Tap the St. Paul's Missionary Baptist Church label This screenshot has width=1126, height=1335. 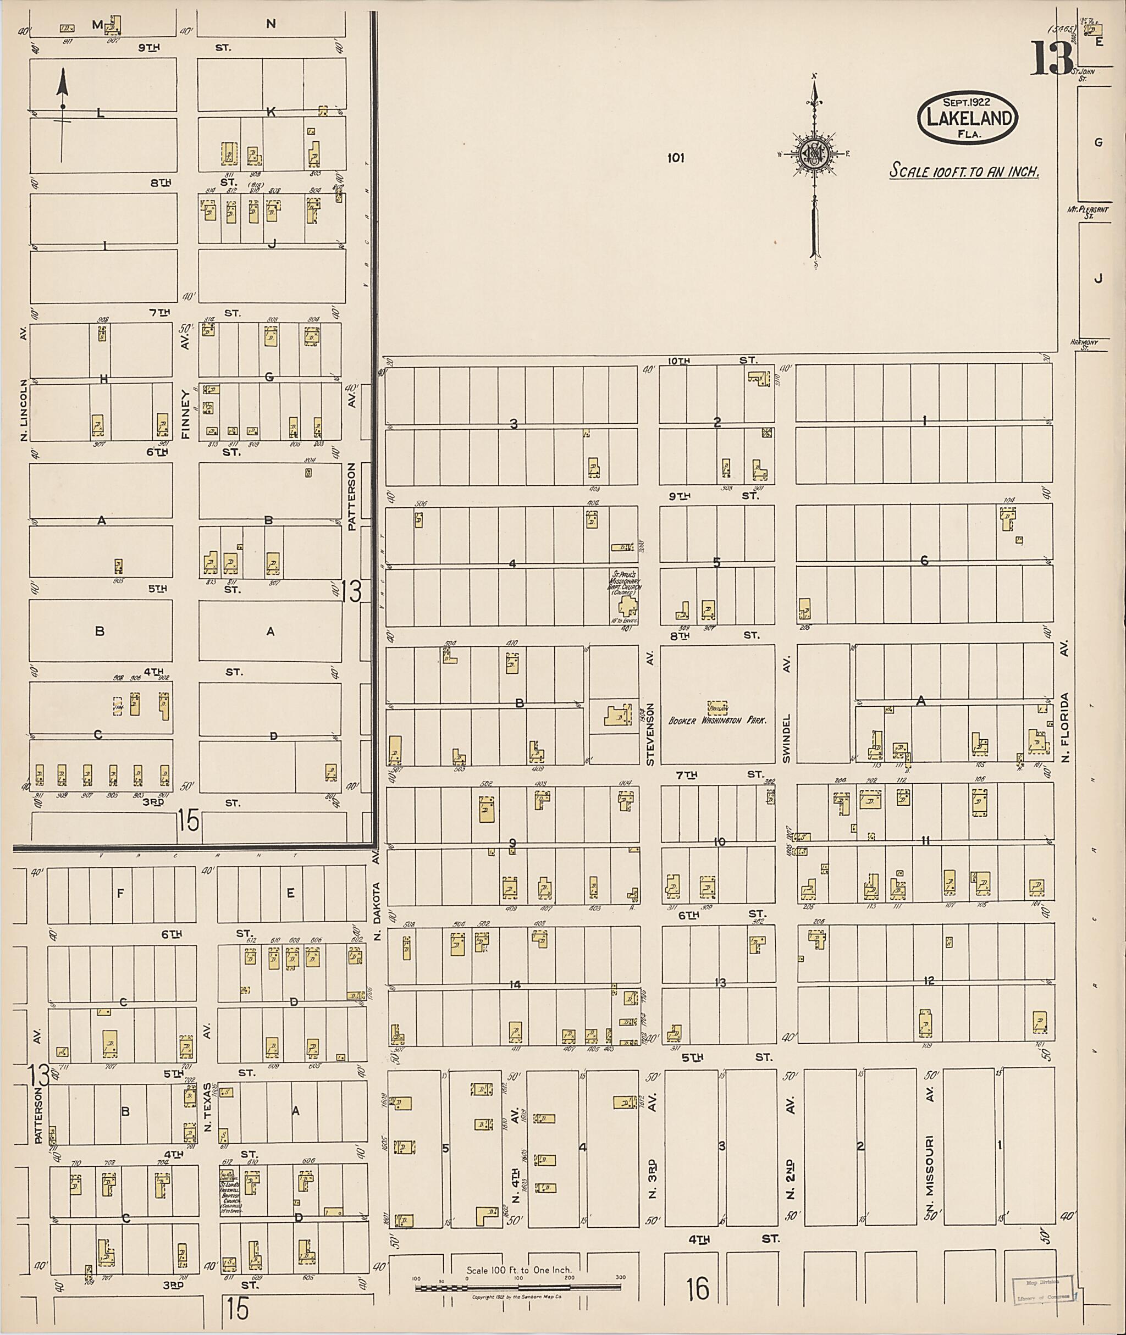tap(623, 583)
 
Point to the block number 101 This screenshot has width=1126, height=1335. tap(675, 157)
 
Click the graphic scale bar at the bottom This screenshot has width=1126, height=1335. tap(520, 1288)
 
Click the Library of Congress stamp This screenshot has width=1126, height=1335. tap(1044, 1289)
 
